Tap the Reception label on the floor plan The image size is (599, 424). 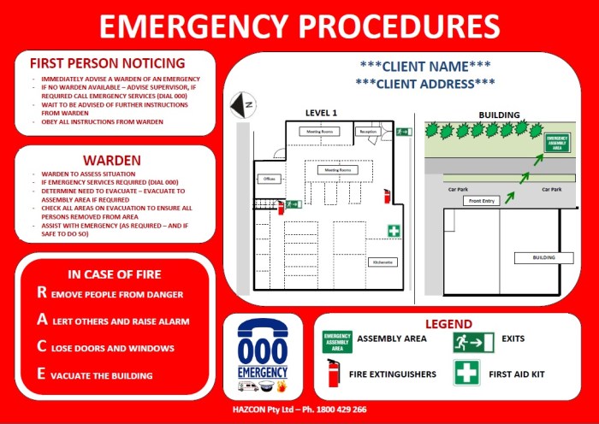[368, 132]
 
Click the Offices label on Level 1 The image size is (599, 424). [269, 179]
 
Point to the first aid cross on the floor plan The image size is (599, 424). [394, 231]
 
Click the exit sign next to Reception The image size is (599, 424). [404, 132]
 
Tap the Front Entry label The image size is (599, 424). [482, 200]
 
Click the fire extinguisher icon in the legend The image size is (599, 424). [334, 374]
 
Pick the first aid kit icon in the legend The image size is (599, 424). [466, 374]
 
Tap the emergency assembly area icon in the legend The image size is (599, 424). [337, 342]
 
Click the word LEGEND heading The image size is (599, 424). [448, 324]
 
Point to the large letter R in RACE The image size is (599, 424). [42, 292]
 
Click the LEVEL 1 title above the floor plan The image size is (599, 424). [322, 112]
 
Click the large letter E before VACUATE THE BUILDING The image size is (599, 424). [41, 374]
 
